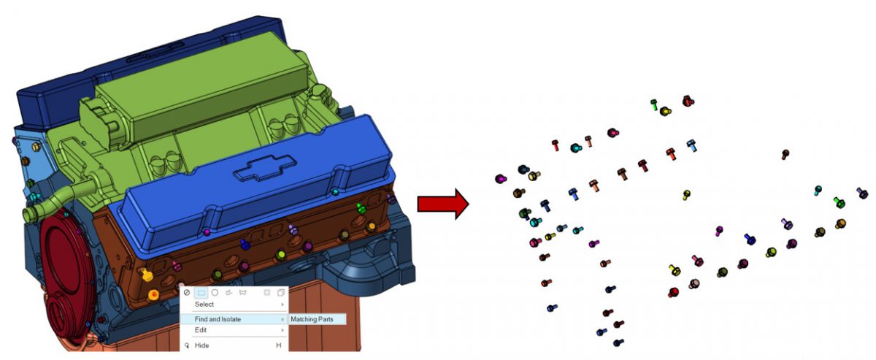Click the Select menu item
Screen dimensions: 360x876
(x=204, y=304)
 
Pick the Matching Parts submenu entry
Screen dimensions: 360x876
(x=315, y=319)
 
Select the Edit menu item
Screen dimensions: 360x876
(x=201, y=330)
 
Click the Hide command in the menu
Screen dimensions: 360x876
(x=202, y=345)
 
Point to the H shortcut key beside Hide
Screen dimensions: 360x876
(x=278, y=345)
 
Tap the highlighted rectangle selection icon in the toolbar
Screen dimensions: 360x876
(x=201, y=292)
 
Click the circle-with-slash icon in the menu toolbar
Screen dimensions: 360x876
(x=187, y=292)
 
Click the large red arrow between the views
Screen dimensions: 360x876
(x=441, y=204)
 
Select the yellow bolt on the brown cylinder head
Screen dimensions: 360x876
(x=146, y=275)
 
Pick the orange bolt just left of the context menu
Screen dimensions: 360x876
(x=153, y=295)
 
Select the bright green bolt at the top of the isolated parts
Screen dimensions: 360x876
(x=655, y=105)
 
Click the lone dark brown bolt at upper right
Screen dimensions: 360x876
(x=785, y=154)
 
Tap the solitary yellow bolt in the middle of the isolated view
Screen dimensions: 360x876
(x=686, y=194)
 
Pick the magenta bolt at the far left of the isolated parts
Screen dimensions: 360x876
(x=500, y=178)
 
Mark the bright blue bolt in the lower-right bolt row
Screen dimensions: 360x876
(x=750, y=239)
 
